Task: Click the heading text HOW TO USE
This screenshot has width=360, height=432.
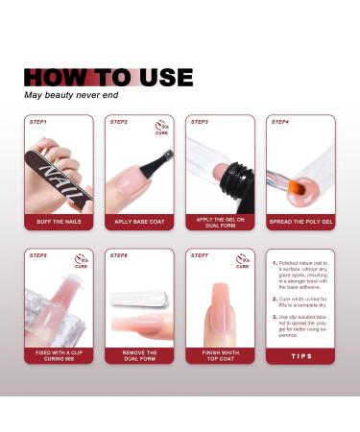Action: point(108,78)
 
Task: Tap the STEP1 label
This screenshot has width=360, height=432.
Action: point(37,122)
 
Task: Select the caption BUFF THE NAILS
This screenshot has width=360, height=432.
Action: point(58,222)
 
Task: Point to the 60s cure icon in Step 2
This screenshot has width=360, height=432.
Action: point(161,127)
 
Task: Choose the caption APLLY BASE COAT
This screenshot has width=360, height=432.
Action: point(138,222)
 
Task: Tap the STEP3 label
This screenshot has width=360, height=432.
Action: point(200,122)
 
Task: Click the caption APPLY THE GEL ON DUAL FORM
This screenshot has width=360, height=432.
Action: point(220,222)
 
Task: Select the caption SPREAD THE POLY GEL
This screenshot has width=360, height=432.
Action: point(300,222)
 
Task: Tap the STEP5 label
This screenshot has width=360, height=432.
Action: point(37,255)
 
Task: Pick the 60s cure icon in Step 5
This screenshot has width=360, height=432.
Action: point(81,260)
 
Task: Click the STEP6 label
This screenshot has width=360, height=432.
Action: point(119,255)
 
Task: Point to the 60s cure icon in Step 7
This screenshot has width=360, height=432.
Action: point(242,260)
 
